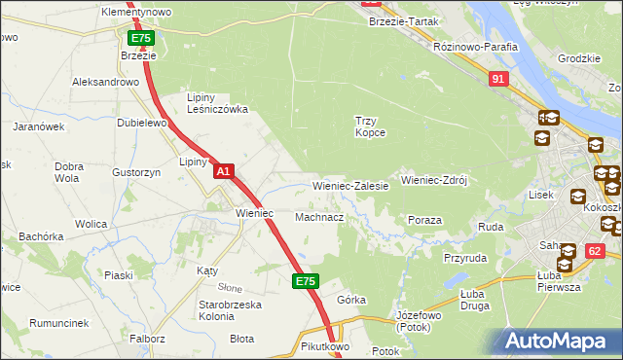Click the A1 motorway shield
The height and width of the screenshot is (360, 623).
[x=223, y=171]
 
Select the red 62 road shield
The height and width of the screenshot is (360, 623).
[x=594, y=251]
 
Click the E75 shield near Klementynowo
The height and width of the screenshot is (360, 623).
[x=140, y=38]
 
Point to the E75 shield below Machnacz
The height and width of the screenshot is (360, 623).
[x=305, y=281]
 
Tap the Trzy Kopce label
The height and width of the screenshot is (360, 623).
[x=370, y=126]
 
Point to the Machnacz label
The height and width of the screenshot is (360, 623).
[x=318, y=217]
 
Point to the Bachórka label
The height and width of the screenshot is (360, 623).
[x=41, y=235]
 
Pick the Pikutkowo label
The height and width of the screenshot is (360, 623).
[x=325, y=345]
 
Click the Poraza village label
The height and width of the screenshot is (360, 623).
[x=424, y=221]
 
